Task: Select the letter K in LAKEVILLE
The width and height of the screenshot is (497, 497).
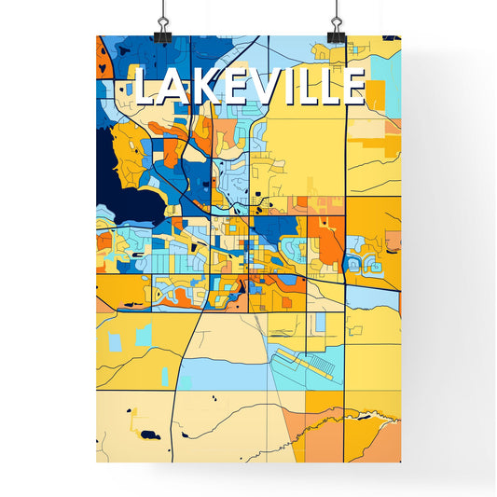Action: pos(193,88)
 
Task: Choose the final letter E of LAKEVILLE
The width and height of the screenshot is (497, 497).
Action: pos(348,88)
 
